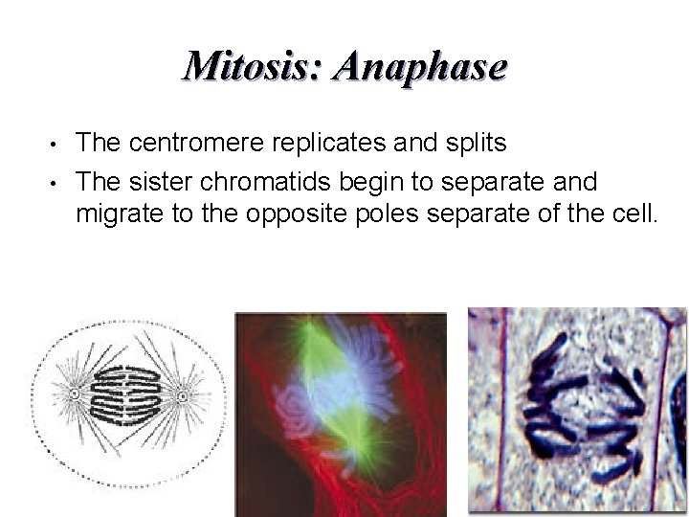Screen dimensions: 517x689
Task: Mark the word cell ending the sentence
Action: (x=633, y=212)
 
